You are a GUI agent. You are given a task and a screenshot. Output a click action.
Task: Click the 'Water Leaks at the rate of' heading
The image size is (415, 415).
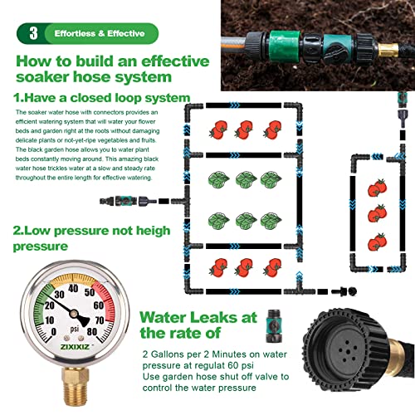click(199, 325)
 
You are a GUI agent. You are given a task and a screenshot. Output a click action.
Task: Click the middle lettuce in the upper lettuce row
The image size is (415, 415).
click(244, 180)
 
